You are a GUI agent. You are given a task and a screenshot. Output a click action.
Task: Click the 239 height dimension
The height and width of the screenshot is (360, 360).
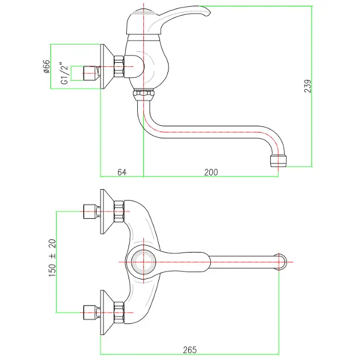coord(307,86)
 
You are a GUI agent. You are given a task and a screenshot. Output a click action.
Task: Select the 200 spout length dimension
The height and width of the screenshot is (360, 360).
coord(211,171)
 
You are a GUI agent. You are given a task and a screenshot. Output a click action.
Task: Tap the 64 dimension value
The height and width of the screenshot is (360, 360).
coord(121,171)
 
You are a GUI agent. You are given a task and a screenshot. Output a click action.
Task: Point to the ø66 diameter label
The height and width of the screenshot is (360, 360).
coord(47,67)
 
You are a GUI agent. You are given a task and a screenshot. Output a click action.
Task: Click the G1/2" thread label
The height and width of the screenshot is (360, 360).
coord(65,75)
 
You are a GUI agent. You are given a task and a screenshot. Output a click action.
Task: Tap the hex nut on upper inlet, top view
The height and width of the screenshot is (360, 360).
coord(119,211)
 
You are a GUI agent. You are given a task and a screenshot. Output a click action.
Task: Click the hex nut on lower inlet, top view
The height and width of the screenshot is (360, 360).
coord(119,312)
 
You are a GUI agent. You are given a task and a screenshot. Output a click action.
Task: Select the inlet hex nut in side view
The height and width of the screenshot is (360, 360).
coord(119,67)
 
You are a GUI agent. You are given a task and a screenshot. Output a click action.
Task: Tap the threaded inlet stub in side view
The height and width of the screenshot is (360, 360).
coord(89,72)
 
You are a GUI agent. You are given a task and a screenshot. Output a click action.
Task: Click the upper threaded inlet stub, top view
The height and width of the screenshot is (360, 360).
coord(89,211)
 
